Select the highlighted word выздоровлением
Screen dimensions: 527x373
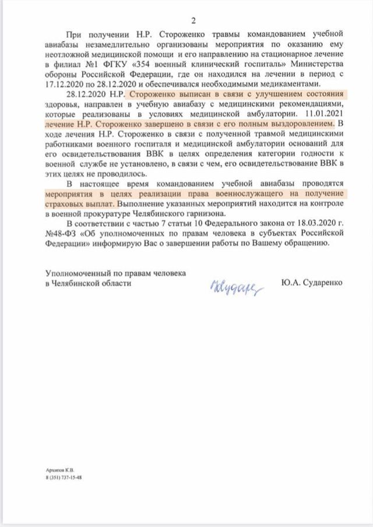[298, 125]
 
